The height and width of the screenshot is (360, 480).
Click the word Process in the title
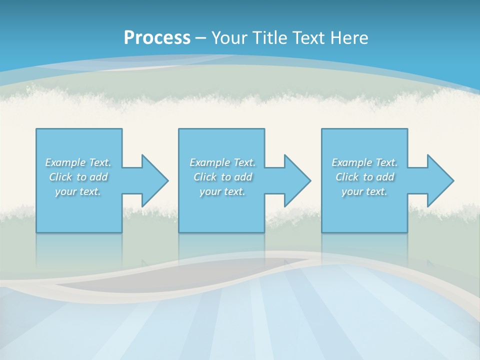[x=157, y=38]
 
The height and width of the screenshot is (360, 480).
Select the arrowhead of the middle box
[x=297, y=180]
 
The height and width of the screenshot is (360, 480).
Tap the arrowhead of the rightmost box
[x=440, y=180]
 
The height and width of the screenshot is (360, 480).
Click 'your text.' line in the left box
[x=78, y=191]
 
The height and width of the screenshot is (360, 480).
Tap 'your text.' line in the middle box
[x=222, y=191]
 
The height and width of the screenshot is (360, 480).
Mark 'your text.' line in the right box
[x=364, y=191]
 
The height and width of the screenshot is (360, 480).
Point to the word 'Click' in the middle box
[x=205, y=177]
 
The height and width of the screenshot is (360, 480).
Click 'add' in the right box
[x=385, y=177]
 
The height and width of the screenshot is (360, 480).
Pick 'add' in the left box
[x=99, y=177]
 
